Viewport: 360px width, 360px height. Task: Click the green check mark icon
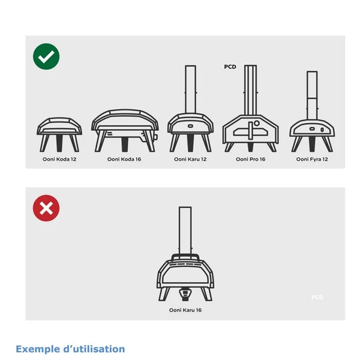coord(46,58)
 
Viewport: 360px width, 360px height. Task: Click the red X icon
coord(46,208)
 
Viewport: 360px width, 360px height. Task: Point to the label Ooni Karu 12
coord(190,160)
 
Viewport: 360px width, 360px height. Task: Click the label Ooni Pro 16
coord(250,160)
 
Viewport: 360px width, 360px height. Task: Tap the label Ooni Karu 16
coord(185,311)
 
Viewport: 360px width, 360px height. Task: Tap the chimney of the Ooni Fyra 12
coord(311,94)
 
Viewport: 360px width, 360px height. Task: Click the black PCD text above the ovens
coord(230,67)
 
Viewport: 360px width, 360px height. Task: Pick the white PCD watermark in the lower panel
coord(317,298)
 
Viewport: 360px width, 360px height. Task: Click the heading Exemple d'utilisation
coord(70,349)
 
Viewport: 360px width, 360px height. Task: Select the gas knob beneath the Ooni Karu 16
coord(185,293)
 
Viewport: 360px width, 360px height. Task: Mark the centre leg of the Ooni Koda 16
coord(124,144)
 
